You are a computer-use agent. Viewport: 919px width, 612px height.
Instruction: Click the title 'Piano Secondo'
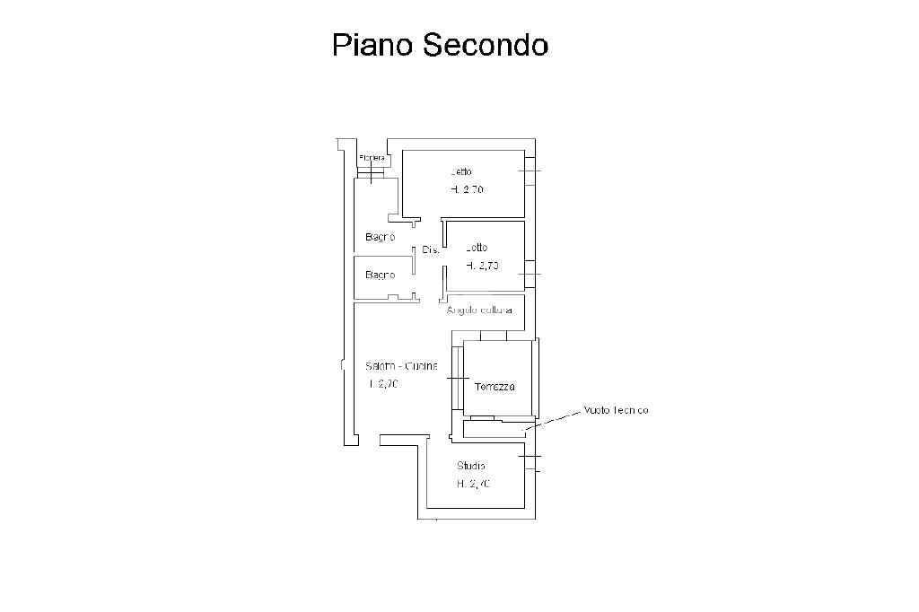(x=440, y=45)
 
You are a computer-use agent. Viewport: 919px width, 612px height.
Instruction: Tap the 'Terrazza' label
(x=495, y=387)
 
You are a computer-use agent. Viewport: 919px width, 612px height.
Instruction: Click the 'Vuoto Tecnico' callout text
(x=616, y=410)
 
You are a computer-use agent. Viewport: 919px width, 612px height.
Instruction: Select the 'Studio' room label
(x=471, y=466)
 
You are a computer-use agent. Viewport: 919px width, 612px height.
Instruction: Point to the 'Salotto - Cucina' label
(x=401, y=366)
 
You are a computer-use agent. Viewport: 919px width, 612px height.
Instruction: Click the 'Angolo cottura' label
(x=480, y=310)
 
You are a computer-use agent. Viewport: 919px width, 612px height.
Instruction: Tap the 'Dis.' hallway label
(x=429, y=250)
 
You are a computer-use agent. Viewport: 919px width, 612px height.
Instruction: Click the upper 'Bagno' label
(x=380, y=238)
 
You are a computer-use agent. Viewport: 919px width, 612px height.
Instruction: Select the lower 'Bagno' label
(x=380, y=275)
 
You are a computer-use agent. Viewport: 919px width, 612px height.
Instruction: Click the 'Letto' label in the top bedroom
(x=461, y=171)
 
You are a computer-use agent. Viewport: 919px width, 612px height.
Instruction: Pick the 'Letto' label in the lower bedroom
(x=477, y=248)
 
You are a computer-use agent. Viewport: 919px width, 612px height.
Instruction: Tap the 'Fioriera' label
(x=372, y=158)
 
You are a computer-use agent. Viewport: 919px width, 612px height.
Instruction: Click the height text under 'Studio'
(x=473, y=484)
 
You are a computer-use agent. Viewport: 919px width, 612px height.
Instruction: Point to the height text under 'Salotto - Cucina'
(x=383, y=384)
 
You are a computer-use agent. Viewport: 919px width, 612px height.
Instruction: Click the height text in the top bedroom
(x=468, y=189)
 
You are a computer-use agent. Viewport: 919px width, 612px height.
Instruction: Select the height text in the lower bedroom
(x=482, y=266)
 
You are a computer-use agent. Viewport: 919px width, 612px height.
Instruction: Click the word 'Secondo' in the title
(x=486, y=45)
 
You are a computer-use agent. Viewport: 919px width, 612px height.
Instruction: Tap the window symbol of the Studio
(x=531, y=462)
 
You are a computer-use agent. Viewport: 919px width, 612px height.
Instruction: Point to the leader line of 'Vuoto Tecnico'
(x=552, y=419)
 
